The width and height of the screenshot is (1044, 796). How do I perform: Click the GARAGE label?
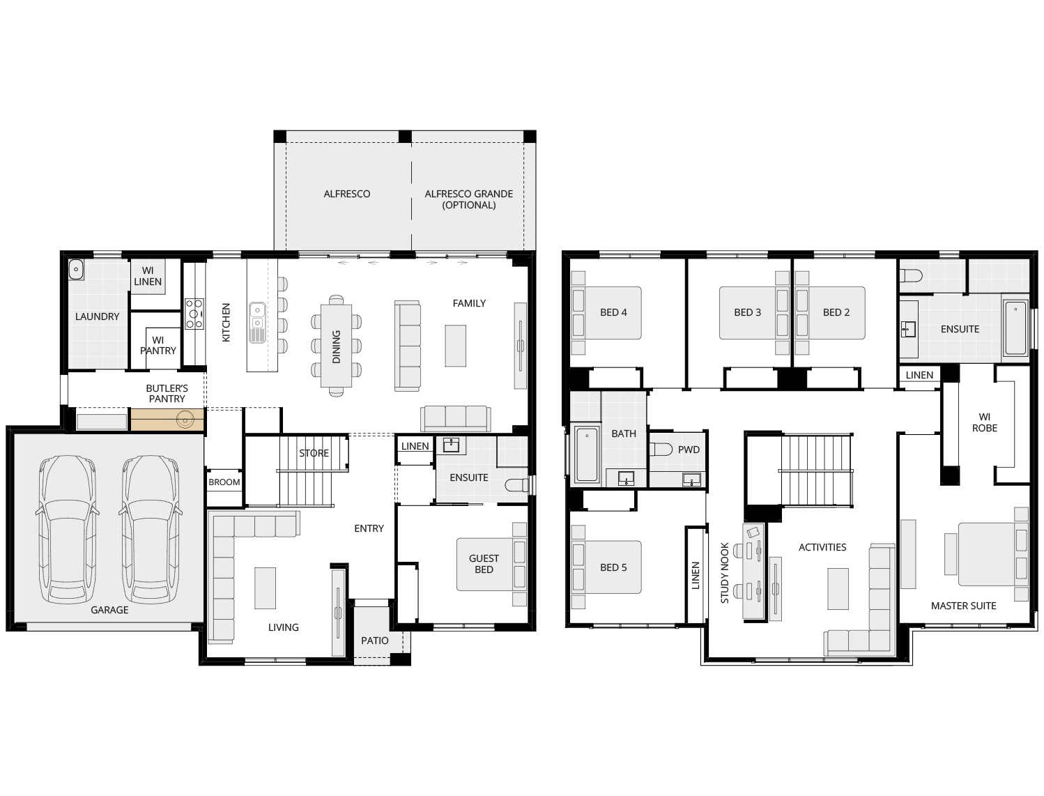point(109,610)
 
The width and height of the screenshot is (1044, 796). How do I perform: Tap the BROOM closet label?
point(224,482)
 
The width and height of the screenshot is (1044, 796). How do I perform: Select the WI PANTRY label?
point(158,345)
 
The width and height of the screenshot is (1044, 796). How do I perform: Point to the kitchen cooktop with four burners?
point(194,314)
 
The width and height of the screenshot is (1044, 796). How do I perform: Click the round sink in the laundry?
point(76,270)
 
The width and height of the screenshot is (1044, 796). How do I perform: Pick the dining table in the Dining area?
point(336,346)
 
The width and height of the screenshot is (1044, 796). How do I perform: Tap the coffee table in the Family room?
point(455,346)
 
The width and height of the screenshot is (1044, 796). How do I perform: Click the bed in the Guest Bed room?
point(491,565)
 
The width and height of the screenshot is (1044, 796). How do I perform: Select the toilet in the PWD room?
point(661,449)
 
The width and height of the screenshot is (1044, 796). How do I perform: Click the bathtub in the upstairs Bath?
point(587,454)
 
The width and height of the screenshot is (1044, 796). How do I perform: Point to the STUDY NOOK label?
point(725,573)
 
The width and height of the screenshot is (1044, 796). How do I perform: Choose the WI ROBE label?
point(985,422)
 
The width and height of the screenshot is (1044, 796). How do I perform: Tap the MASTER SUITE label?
point(963,606)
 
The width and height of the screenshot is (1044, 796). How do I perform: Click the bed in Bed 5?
point(606,567)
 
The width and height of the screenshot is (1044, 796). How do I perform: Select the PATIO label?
point(375,641)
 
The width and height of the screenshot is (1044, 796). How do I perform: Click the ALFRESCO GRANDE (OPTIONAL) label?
point(469,199)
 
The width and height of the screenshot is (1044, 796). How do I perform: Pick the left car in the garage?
point(68,529)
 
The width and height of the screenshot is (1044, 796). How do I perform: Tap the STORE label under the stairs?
point(314,453)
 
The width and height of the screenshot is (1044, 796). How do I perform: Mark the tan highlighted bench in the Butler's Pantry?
point(167,420)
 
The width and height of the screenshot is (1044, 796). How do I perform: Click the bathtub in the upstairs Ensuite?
point(1015,328)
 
